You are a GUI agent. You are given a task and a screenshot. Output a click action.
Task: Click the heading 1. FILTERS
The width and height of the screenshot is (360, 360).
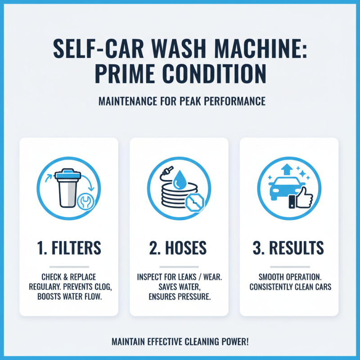[x=69, y=248]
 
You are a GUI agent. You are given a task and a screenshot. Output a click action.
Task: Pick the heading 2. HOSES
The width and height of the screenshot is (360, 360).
[x=179, y=248]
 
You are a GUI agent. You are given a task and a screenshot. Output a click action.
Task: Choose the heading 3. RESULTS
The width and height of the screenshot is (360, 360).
[x=289, y=248]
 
